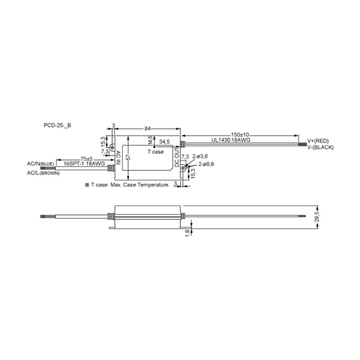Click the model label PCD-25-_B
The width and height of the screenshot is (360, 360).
[57, 126]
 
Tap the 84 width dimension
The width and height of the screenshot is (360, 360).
[147, 128]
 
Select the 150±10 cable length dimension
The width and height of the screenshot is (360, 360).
[240, 135]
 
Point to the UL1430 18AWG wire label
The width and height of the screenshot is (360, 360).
[231, 140]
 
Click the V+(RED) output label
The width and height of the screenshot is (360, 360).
[318, 141]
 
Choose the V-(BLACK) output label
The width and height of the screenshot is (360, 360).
[320, 147]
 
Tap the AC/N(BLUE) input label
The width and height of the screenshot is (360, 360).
[41, 163]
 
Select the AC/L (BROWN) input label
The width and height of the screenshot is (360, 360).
[43, 173]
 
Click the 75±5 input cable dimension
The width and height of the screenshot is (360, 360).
[86, 159]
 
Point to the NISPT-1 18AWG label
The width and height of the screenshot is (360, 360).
[84, 163]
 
